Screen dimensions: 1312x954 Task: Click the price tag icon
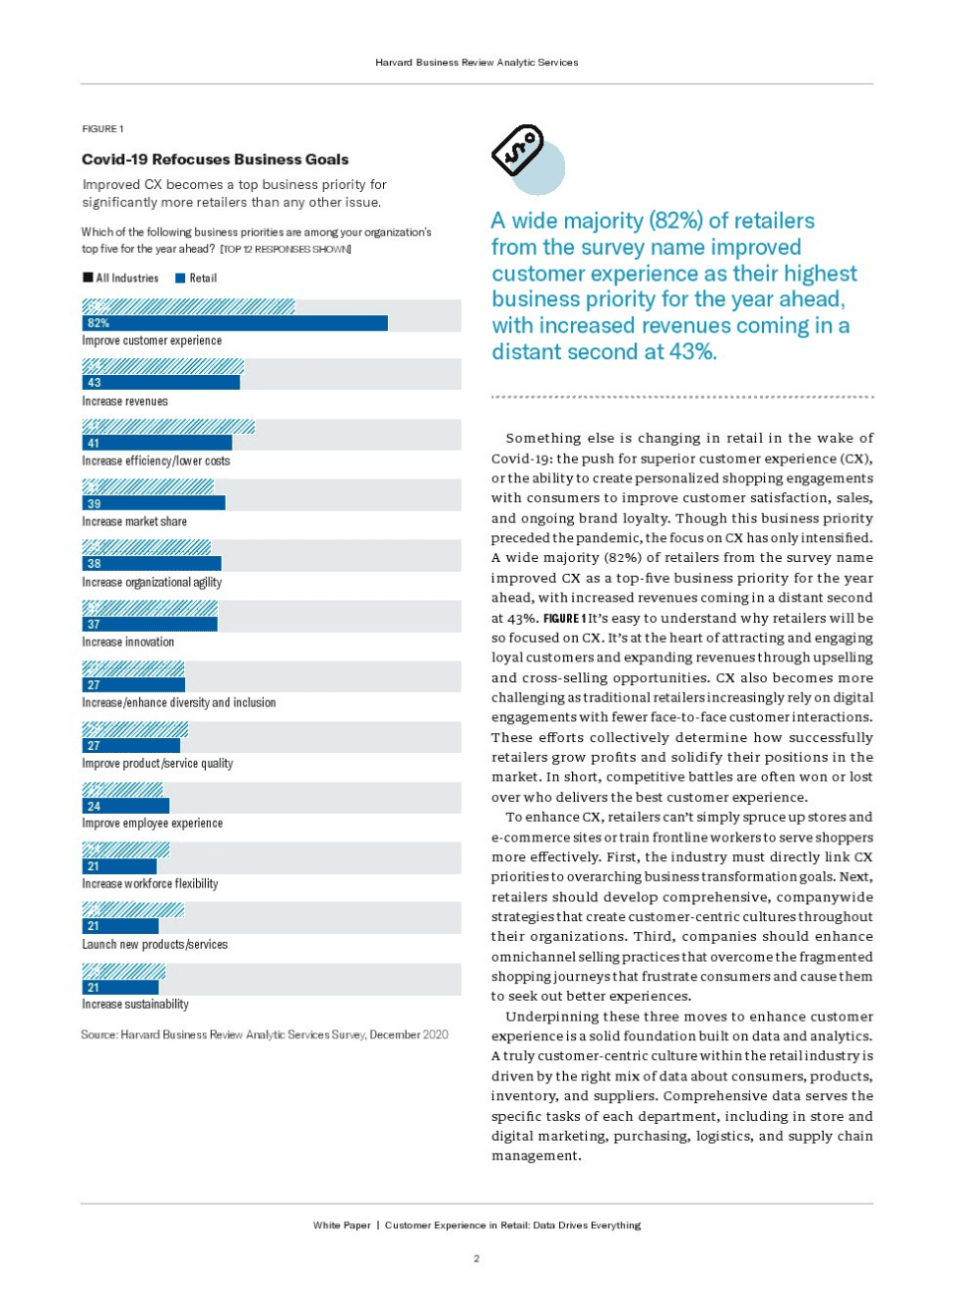pos(518,151)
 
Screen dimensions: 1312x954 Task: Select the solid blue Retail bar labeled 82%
pos(235,323)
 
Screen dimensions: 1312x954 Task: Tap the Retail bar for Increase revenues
pos(161,383)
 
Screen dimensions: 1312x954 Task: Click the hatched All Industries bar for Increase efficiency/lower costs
pos(169,427)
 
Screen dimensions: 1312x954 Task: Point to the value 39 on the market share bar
pos(95,504)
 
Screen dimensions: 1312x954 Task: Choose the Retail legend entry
pos(196,279)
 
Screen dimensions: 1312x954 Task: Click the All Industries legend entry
pos(120,279)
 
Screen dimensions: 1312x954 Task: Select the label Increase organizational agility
pos(151,583)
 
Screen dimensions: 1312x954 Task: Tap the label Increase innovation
pos(127,643)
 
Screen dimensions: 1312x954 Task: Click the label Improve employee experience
pos(152,824)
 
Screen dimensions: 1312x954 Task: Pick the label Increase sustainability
pos(135,1005)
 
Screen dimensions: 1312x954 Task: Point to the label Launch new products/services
pos(154,945)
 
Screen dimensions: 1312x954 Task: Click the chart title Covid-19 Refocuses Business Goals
pos(215,159)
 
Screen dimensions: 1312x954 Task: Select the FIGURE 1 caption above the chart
pos(102,129)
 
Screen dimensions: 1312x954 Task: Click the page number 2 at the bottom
pos(477,1259)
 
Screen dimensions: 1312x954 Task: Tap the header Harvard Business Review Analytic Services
pos(477,63)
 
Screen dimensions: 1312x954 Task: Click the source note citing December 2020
pos(265,1035)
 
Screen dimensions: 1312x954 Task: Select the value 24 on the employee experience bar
pos(95,807)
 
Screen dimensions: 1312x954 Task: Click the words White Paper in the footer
pos(341,1225)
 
